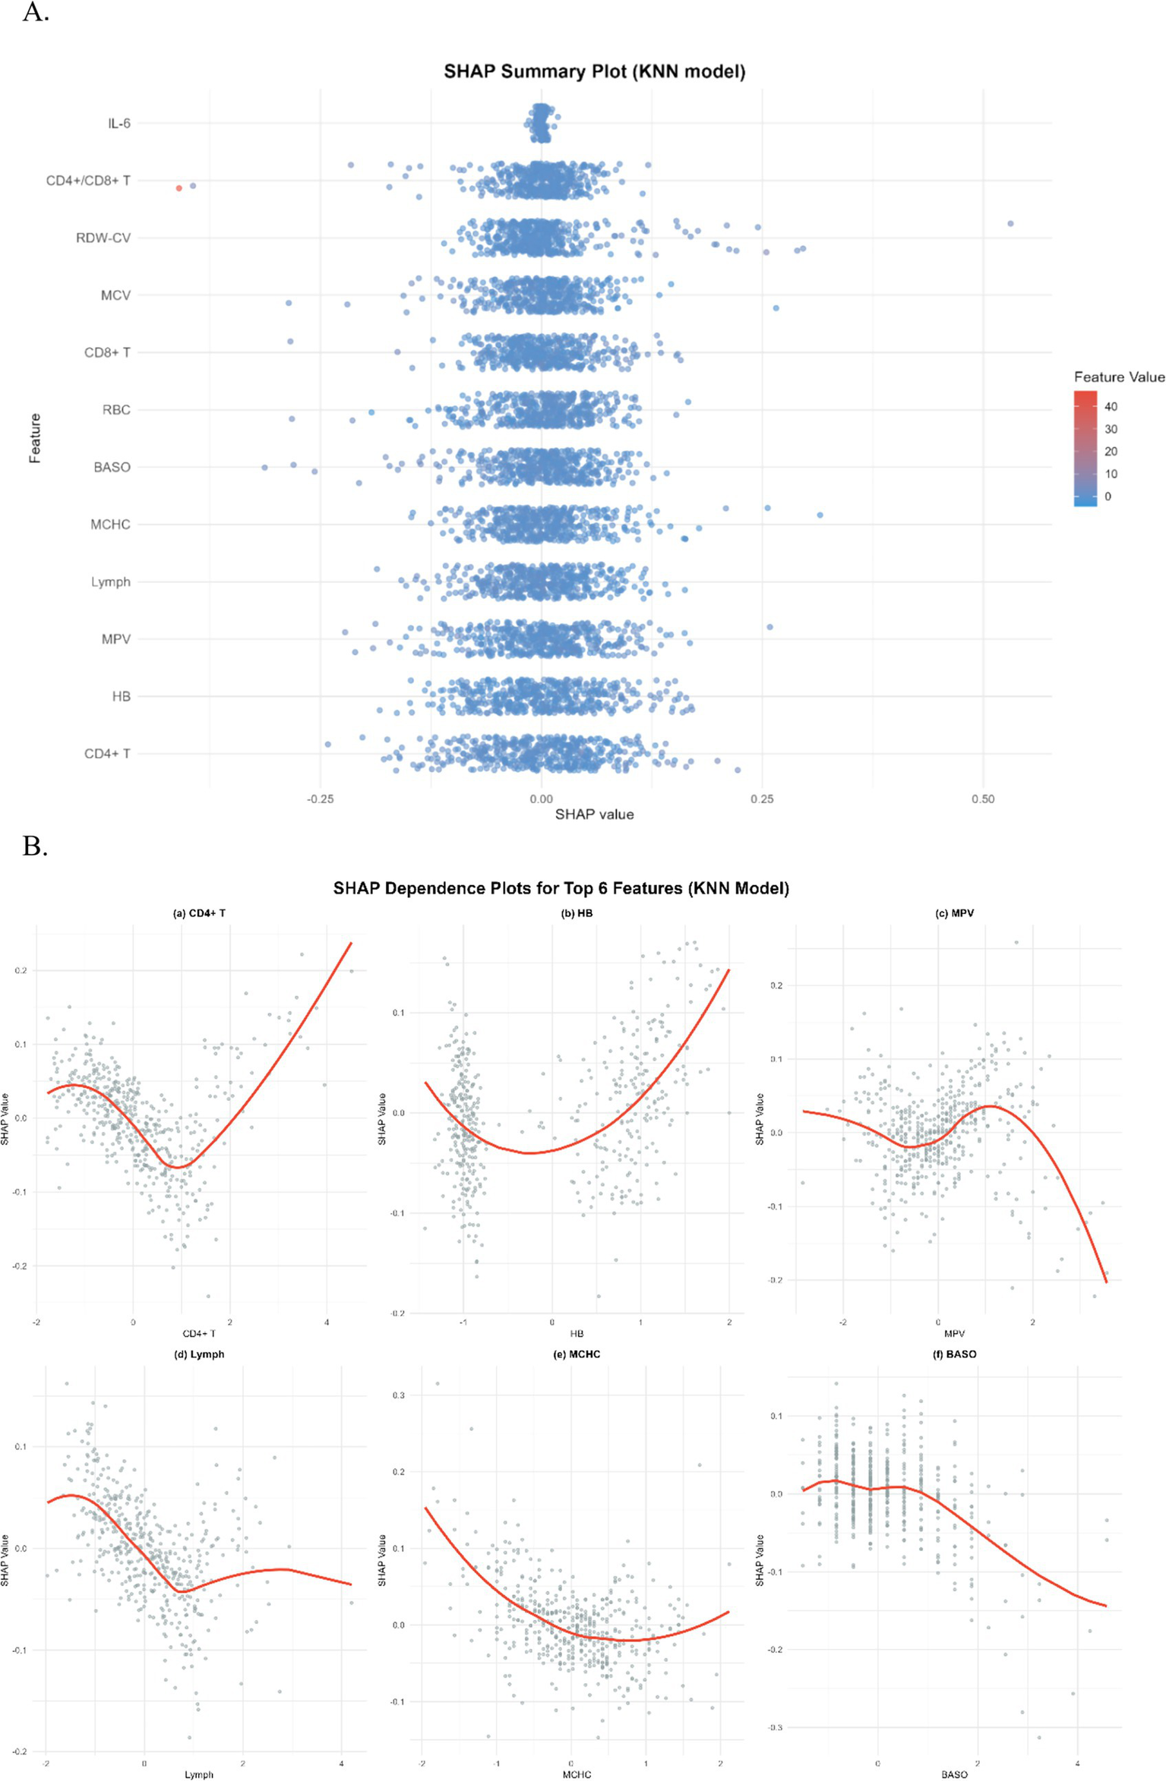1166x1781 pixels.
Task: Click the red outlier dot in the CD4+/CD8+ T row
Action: [179, 188]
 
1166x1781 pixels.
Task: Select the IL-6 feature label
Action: [118, 123]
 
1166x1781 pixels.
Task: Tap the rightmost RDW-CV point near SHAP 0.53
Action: [1010, 224]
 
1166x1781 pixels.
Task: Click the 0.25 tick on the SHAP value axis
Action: [762, 799]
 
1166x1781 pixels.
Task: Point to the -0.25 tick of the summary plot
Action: [320, 799]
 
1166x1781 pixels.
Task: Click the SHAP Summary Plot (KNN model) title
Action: [594, 71]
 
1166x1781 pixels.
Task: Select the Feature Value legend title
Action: [1118, 377]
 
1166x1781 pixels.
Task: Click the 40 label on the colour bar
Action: [1111, 407]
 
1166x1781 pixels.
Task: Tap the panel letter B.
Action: [35, 846]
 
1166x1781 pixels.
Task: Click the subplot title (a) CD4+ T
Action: [199, 913]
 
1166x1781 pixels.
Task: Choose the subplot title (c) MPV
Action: [954, 913]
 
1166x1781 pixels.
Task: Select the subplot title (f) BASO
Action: [954, 1354]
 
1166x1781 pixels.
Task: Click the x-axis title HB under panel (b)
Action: [577, 1333]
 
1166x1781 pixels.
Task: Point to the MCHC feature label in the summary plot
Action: [110, 525]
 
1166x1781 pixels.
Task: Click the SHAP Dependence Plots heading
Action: [561, 888]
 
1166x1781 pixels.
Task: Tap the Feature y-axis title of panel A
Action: [35, 438]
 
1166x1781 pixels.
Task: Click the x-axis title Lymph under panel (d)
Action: [199, 1774]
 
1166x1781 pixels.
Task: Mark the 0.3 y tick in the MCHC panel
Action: [399, 1395]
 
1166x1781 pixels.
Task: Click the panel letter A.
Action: [35, 12]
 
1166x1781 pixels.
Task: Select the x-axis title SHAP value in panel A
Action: [594, 815]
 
